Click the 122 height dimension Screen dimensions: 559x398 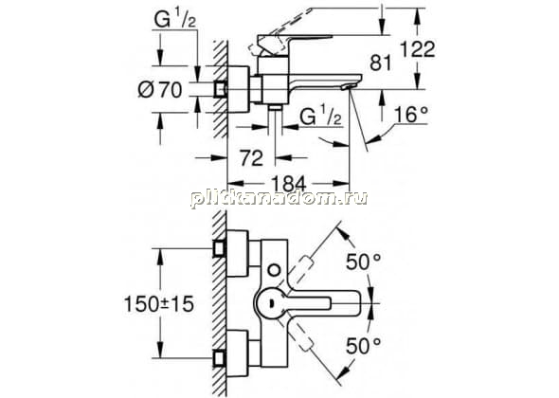pyautogui.click(x=418, y=49)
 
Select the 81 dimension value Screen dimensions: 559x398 pyautogui.click(x=380, y=63)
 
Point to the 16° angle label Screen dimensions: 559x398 pyautogui.click(x=410, y=115)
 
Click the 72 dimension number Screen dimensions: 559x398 pyautogui.click(x=251, y=157)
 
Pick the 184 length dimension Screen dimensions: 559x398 pyautogui.click(x=289, y=184)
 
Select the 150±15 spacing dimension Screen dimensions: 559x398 pyautogui.click(x=159, y=304)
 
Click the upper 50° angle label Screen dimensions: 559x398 pyautogui.click(x=363, y=262)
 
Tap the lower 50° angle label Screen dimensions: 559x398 pyautogui.click(x=363, y=345)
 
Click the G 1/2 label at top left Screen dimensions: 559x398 pyautogui.click(x=175, y=20)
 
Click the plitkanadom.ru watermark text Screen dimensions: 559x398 pyautogui.click(x=279, y=198)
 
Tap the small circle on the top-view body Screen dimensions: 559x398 pyautogui.click(x=275, y=270)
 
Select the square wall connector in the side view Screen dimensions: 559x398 pyautogui.click(x=221, y=89)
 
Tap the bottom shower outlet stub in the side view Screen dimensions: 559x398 pyautogui.click(x=275, y=108)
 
